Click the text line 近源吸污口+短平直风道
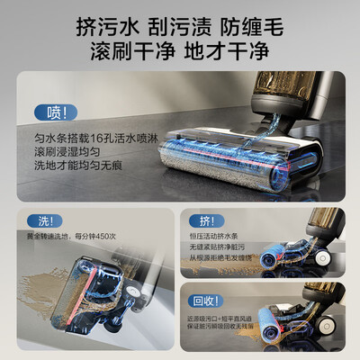point(222,317)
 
